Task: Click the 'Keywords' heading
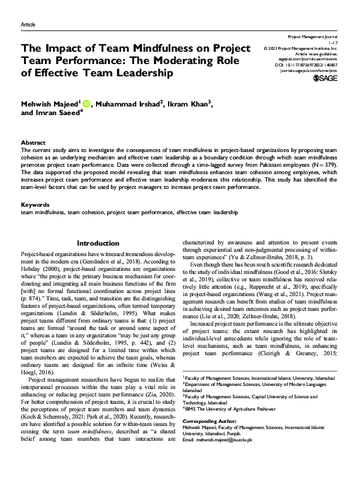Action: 35,204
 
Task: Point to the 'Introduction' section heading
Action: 98,243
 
